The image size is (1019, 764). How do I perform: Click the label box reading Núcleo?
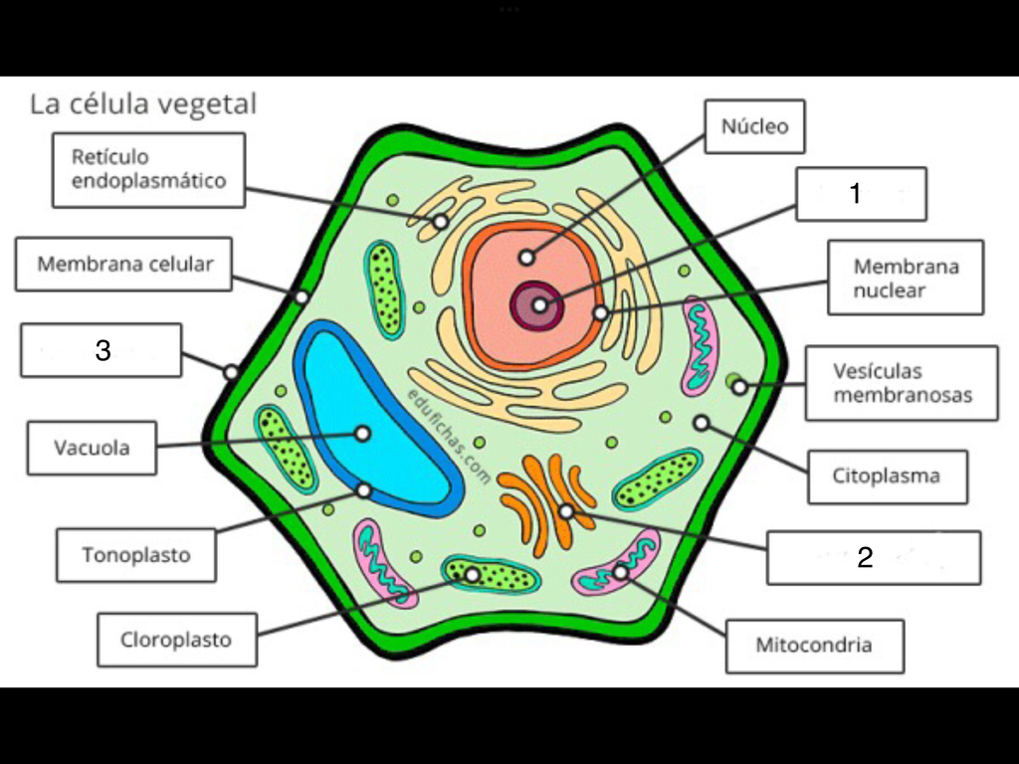click(754, 126)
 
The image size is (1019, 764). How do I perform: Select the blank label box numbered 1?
click(861, 194)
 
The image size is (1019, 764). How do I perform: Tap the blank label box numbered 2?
click(874, 557)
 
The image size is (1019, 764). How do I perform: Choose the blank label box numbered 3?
click(102, 350)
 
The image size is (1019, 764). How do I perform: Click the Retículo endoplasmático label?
click(149, 170)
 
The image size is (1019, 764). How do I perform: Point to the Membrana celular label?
click(123, 264)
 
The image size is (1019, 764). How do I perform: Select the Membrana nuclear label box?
click(906, 278)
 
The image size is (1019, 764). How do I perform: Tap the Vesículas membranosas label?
click(902, 383)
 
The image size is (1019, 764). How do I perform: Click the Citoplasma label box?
click(887, 477)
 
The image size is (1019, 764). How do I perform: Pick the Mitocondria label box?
click(814, 646)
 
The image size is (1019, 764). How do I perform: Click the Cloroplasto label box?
click(177, 640)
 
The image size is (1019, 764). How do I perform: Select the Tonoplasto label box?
click(135, 555)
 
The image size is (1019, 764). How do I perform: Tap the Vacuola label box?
click(92, 449)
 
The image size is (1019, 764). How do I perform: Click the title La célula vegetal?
click(143, 103)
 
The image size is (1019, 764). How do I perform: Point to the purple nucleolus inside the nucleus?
click(538, 304)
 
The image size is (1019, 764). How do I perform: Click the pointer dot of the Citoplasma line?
click(701, 423)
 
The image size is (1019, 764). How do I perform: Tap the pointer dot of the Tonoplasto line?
click(364, 489)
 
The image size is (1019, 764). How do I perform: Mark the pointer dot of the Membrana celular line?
click(302, 297)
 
